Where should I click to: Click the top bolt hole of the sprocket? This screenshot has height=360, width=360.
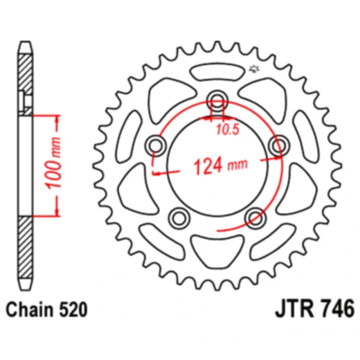pos(217,98)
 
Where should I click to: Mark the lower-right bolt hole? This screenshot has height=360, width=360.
pos(255,218)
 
